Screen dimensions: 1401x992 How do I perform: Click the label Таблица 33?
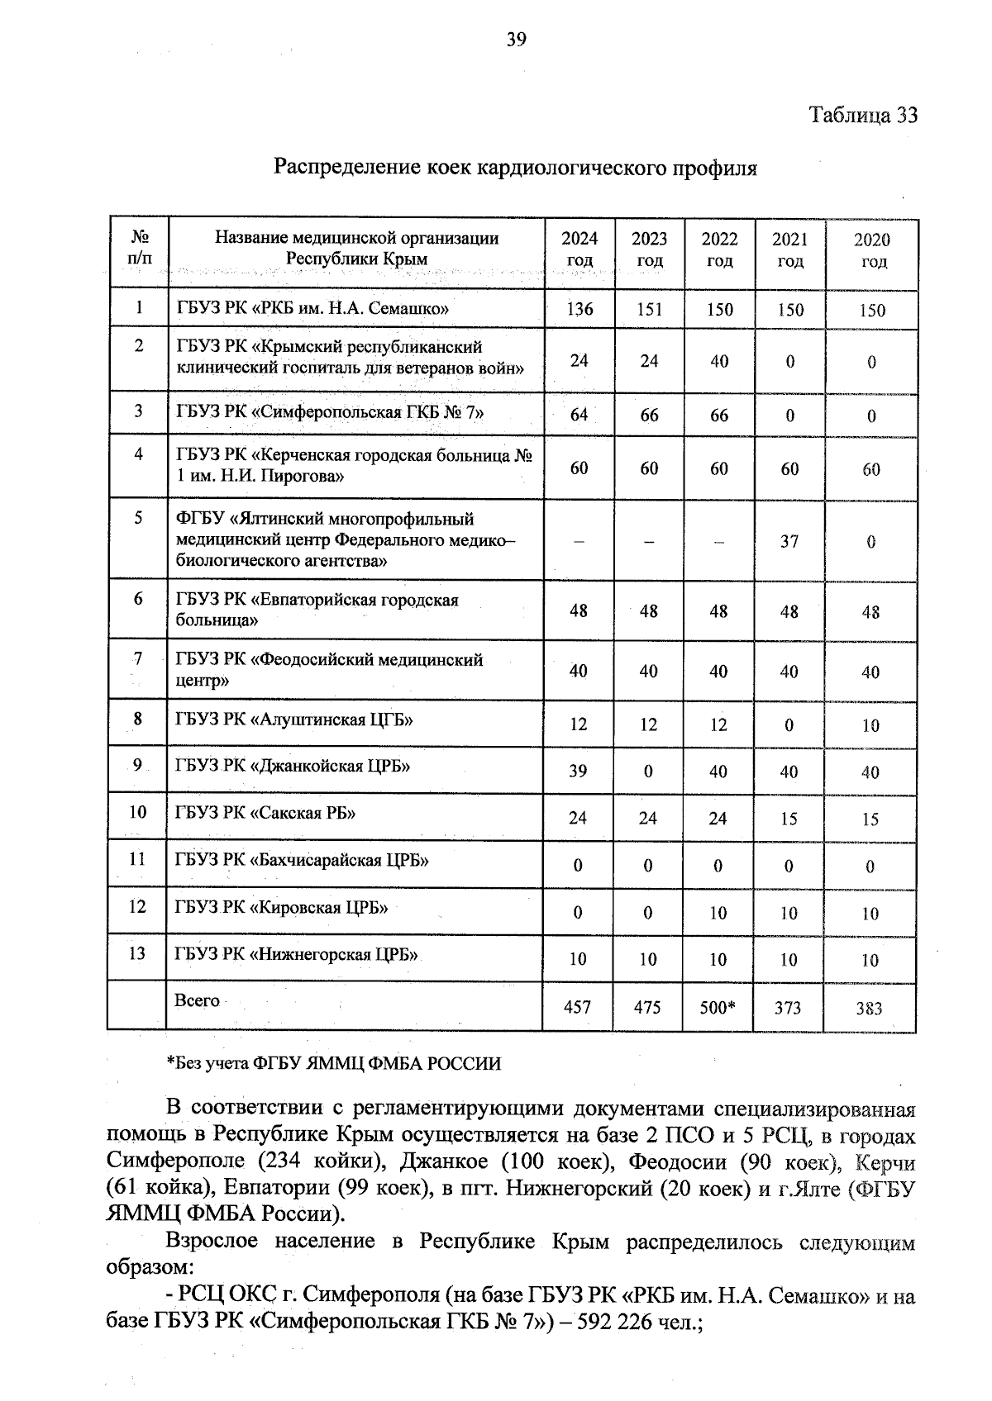(x=863, y=115)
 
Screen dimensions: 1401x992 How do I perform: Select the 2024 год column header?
(x=579, y=249)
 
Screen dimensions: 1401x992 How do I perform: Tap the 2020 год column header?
(x=871, y=250)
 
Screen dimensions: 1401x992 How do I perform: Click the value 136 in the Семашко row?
(x=579, y=310)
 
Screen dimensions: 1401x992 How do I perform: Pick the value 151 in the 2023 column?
(x=650, y=310)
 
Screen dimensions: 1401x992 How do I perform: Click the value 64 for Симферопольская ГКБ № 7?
(x=579, y=415)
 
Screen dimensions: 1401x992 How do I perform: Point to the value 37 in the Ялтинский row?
(x=789, y=542)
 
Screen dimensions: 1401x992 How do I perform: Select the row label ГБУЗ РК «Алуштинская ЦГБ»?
(x=293, y=719)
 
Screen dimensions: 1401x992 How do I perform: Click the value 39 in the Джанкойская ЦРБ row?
(x=578, y=772)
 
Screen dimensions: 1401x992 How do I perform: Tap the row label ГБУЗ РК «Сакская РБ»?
(x=265, y=813)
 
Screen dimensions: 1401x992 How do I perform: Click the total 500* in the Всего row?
(x=718, y=1008)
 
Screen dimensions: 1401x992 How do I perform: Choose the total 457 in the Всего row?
(x=578, y=1008)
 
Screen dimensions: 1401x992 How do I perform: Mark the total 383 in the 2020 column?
(x=870, y=1009)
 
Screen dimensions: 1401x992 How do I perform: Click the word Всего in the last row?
(x=197, y=1001)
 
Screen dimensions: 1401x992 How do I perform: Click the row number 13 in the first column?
(x=137, y=954)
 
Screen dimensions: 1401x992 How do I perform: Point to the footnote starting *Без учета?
(x=333, y=1064)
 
